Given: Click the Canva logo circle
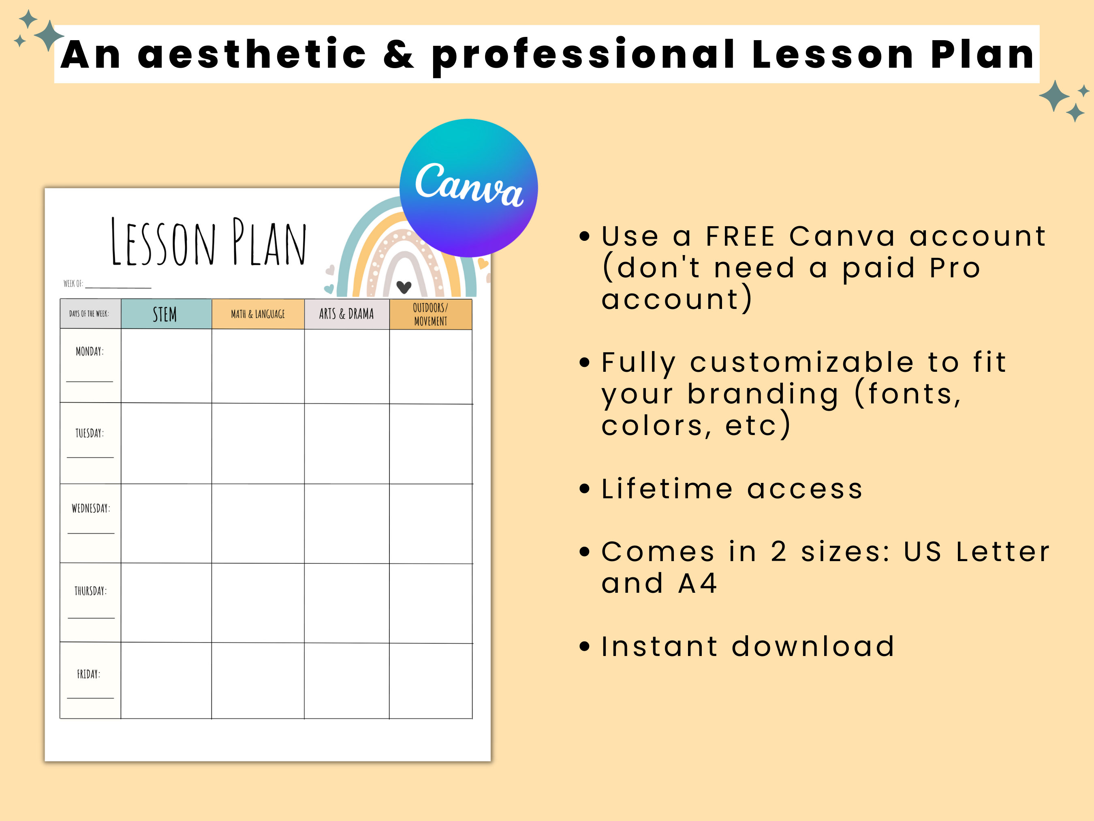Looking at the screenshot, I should click(x=468, y=188).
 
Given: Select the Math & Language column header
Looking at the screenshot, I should click(x=258, y=314).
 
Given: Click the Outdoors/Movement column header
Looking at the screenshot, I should click(x=430, y=314).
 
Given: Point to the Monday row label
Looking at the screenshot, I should click(x=90, y=352).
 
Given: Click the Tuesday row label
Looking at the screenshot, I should click(x=90, y=433).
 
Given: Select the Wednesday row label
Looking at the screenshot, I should click(x=90, y=508).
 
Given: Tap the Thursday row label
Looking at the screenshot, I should click(x=90, y=591).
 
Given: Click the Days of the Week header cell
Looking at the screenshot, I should click(x=90, y=314).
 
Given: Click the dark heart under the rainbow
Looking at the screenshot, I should click(x=404, y=287).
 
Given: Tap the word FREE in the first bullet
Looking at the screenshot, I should click(x=740, y=236).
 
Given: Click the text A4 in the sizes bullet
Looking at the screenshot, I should click(x=697, y=583).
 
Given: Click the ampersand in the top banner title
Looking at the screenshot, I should click(x=398, y=54).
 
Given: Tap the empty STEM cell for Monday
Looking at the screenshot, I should click(x=166, y=366).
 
